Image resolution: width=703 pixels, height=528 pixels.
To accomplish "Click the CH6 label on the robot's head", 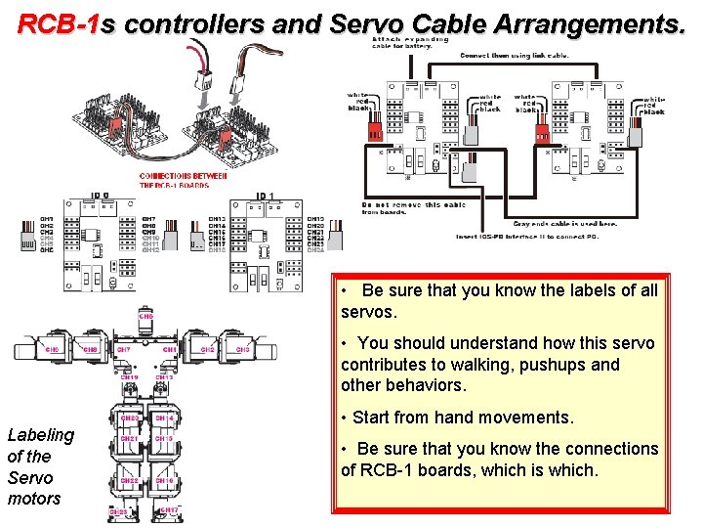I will pos(145,317).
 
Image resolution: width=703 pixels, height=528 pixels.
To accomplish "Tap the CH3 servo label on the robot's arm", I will pos(242,349).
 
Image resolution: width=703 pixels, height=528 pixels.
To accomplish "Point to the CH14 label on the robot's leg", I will pos(163,418).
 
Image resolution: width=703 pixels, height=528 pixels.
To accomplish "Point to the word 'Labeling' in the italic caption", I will pos(40,435).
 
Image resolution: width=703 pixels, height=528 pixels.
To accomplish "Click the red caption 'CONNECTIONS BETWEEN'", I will pos(183,176).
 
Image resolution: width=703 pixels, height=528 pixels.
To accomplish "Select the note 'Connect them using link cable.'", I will pos(516,56).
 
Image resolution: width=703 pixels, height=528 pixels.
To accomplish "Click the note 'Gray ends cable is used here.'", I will pos(565,224).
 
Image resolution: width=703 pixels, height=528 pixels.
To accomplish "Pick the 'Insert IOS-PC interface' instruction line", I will pos(537,237).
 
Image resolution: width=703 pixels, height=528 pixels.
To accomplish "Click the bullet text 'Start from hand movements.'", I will pos(463,418).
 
